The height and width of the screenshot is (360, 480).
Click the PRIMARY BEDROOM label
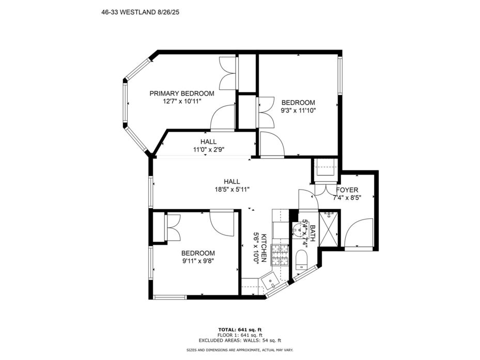(x=182, y=93)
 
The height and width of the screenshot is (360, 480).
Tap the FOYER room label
(x=347, y=190)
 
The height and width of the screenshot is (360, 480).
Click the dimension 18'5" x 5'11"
(x=232, y=190)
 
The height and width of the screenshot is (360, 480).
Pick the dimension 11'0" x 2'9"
(x=208, y=150)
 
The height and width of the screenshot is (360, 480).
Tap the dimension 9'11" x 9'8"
(x=198, y=261)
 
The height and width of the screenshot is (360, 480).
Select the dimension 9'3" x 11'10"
(x=298, y=111)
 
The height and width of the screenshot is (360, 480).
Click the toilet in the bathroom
(x=302, y=260)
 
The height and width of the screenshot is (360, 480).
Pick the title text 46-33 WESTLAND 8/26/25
(x=140, y=12)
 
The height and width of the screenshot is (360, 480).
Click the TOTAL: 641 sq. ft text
(x=240, y=330)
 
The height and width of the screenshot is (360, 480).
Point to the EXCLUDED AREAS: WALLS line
(x=240, y=340)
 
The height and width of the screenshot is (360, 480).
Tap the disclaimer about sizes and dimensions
(x=240, y=350)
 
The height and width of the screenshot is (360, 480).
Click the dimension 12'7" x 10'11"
(x=182, y=101)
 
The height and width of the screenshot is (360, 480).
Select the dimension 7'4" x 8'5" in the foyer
(x=347, y=198)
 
